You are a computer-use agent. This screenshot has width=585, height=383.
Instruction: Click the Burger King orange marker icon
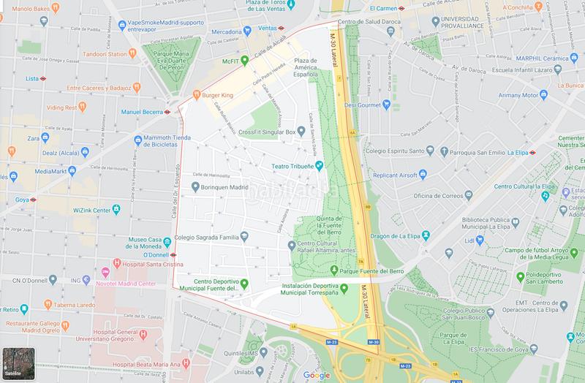(195, 94)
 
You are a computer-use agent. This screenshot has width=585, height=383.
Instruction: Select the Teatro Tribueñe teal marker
(319, 166)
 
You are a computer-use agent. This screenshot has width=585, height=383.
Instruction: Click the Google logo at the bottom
(317, 375)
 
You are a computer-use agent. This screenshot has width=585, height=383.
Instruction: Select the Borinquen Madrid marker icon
(195, 186)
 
